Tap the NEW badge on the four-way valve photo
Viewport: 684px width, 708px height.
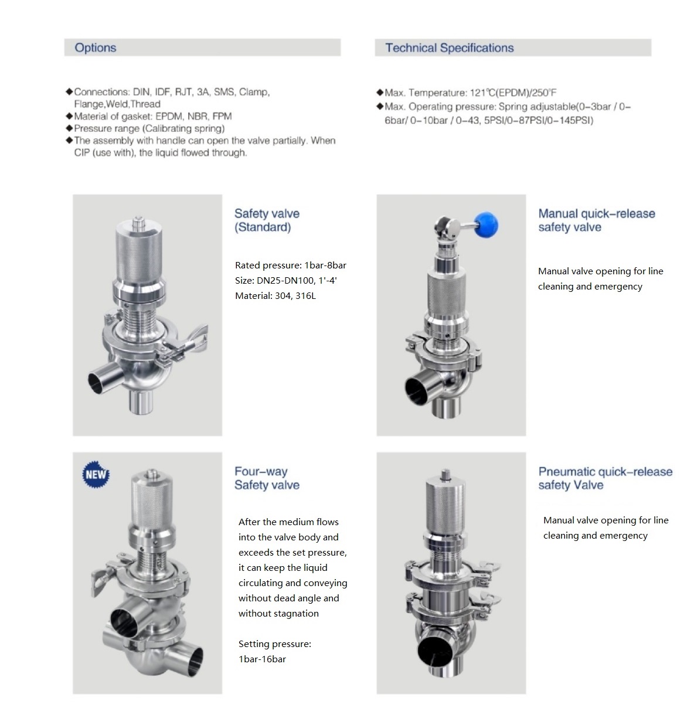(x=96, y=474)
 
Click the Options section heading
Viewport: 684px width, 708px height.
(x=96, y=48)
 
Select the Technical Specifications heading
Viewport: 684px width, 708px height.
(x=449, y=48)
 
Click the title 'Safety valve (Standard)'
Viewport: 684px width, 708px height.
(x=267, y=220)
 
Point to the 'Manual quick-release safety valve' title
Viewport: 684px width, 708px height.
(x=596, y=220)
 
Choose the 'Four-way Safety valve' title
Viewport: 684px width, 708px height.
(x=267, y=478)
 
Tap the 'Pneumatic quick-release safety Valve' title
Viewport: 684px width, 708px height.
(x=605, y=478)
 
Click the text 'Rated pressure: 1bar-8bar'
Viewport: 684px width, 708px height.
(x=290, y=265)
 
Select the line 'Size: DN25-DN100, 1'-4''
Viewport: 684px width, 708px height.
(x=285, y=281)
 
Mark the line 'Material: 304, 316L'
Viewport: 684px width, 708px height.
(x=275, y=296)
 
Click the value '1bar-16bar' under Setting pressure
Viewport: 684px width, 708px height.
(x=262, y=659)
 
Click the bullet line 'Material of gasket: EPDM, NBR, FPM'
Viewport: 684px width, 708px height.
(x=152, y=116)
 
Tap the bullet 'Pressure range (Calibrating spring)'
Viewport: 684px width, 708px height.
(x=149, y=128)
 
